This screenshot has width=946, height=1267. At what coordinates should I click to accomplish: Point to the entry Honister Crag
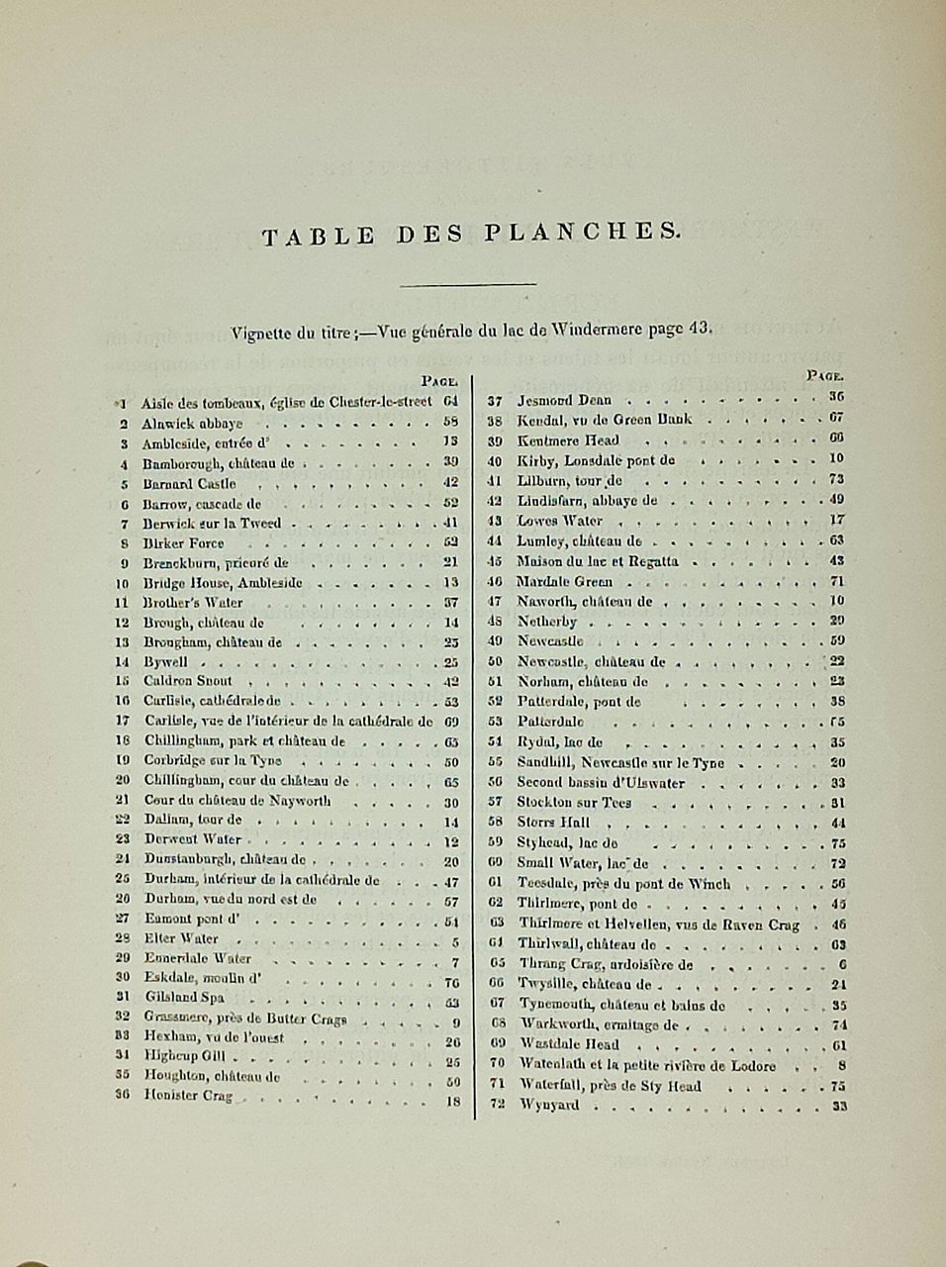tap(188, 1096)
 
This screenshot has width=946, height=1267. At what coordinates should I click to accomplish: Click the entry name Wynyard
tap(549, 1105)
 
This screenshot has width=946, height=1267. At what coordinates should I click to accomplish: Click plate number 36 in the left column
tap(123, 1096)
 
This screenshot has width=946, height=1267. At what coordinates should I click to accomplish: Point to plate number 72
tap(498, 1105)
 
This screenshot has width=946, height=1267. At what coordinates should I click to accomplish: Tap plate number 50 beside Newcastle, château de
tap(497, 661)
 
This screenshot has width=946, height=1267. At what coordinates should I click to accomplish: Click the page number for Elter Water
tap(455, 938)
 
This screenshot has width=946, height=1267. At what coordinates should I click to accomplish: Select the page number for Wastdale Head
tap(838, 1045)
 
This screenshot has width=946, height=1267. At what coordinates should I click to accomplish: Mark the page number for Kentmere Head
tap(836, 439)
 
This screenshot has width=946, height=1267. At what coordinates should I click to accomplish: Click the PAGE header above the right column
tap(824, 375)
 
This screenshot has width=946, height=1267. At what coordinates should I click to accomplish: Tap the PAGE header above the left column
tap(438, 379)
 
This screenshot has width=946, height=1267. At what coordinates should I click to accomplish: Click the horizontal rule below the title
tap(469, 285)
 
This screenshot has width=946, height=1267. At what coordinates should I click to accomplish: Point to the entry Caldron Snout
tap(188, 681)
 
